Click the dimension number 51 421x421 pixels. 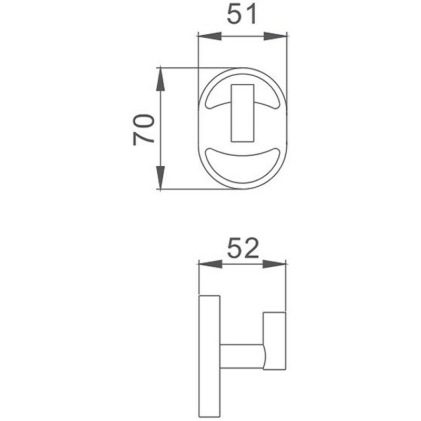tap(242, 14)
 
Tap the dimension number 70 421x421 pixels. tap(144, 130)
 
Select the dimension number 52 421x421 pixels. tap(243, 248)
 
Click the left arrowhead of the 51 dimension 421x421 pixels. tap(209, 36)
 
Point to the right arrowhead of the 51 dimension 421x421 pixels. tap(275, 36)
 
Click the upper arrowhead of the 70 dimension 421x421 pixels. tap(161, 79)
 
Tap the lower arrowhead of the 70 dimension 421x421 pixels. tap(161, 177)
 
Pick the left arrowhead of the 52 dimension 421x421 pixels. tap(210, 264)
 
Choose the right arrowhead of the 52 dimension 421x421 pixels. tap(274, 264)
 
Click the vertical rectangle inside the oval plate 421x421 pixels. tap(243, 113)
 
